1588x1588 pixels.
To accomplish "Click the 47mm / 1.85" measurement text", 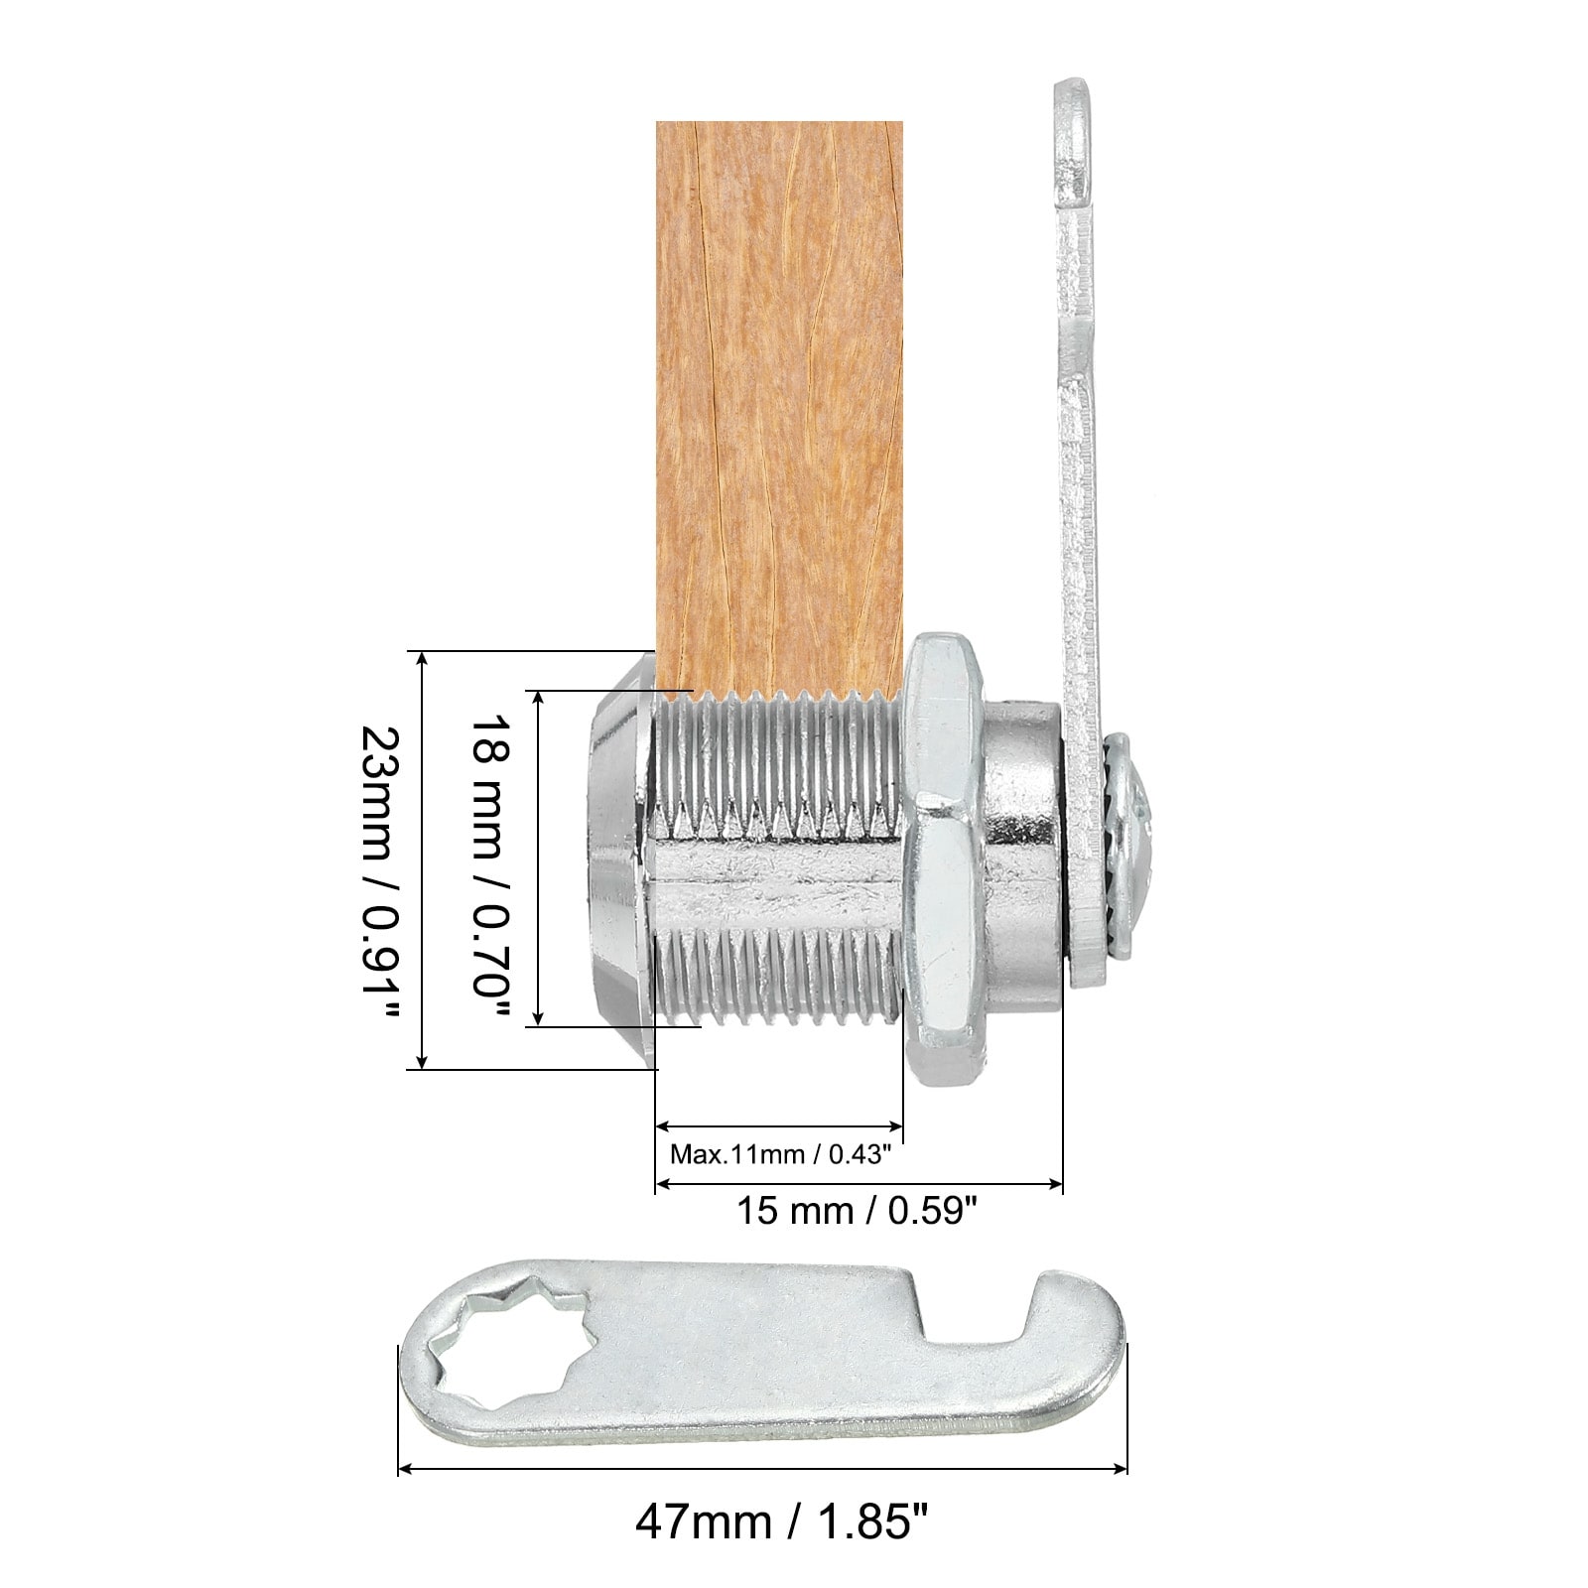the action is (x=773, y=1550).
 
